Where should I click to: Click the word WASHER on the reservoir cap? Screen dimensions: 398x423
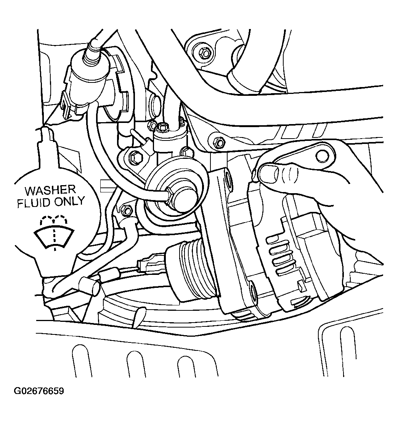(x=50, y=191)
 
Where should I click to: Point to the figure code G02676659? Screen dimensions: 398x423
(x=39, y=391)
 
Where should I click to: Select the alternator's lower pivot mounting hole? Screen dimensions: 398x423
(x=254, y=292)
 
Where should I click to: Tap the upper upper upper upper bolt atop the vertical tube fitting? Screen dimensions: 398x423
(x=164, y=126)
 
